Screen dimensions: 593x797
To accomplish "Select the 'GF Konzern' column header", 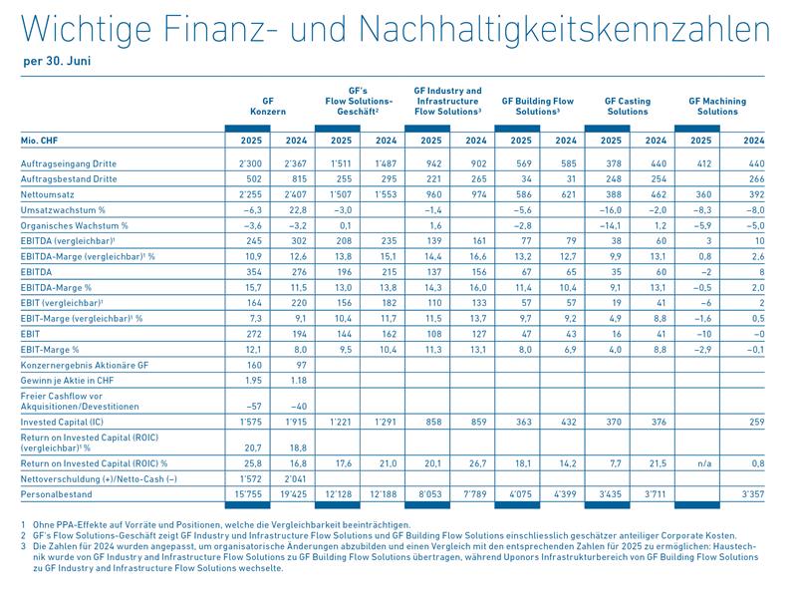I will [x=268, y=107].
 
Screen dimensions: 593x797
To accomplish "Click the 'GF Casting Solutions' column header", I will [x=628, y=107].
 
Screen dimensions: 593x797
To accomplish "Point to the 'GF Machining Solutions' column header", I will [x=717, y=107].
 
